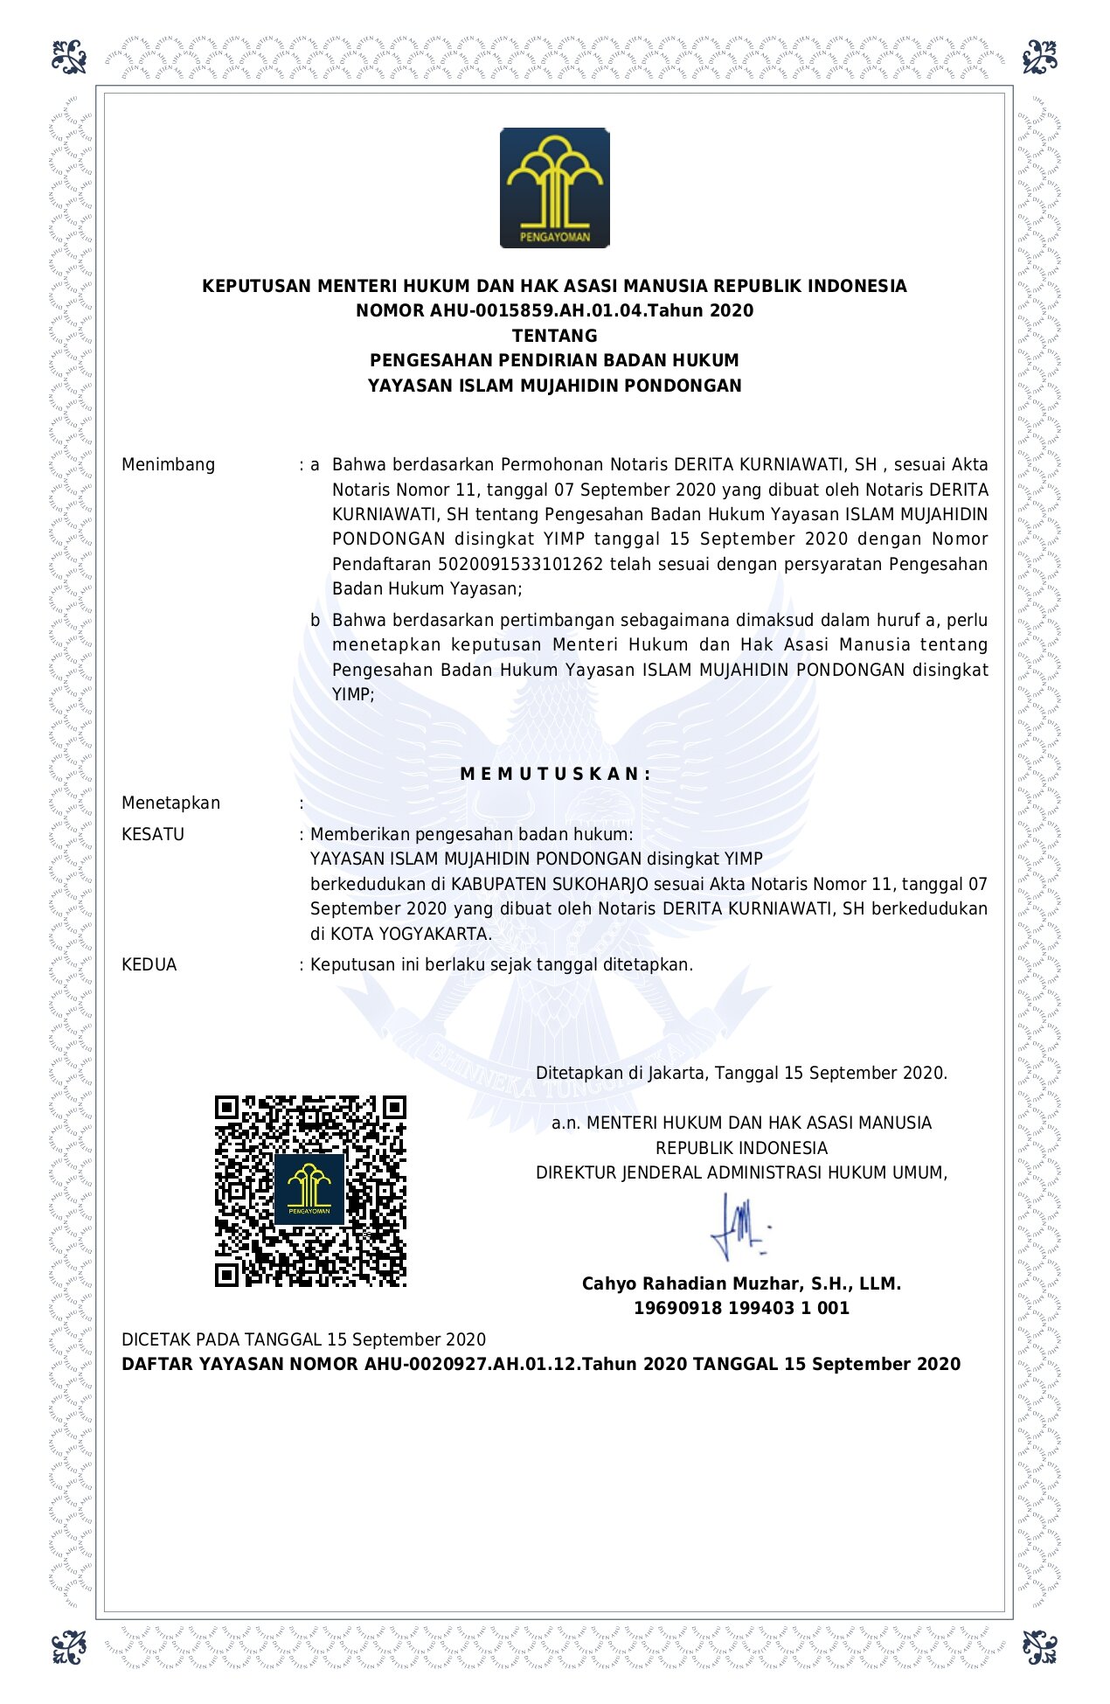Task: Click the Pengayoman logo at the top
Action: point(554,188)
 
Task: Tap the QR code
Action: point(310,1191)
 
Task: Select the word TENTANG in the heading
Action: point(554,336)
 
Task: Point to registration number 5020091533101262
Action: point(520,564)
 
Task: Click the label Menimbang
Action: point(168,464)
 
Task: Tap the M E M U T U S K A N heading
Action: point(554,774)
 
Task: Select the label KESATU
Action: point(153,834)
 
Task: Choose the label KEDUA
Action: point(149,964)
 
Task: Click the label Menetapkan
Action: point(170,803)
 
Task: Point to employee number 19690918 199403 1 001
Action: point(741,1308)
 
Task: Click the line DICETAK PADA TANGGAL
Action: point(303,1339)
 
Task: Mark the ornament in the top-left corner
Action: point(69,57)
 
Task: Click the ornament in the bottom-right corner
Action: point(1039,1647)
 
